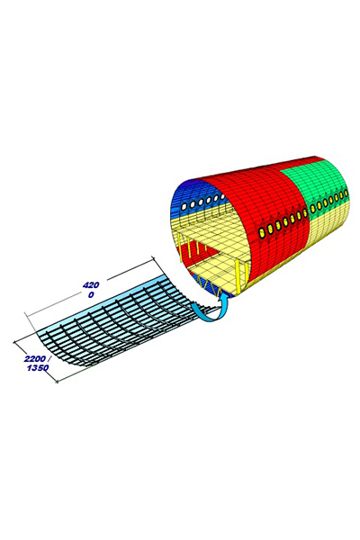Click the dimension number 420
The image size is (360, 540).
click(91, 285)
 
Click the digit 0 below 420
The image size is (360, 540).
click(91, 295)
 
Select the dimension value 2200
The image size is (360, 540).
click(35, 359)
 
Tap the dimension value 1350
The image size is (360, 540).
click(38, 368)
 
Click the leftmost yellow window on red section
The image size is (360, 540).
click(262, 233)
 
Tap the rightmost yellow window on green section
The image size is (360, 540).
click(346, 195)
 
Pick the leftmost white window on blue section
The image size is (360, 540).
click(184, 206)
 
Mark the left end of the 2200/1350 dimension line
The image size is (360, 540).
click(14, 342)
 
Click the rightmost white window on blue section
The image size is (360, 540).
click(223, 196)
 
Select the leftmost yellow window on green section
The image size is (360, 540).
click(313, 209)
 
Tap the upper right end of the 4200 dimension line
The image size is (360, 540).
click(152, 256)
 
